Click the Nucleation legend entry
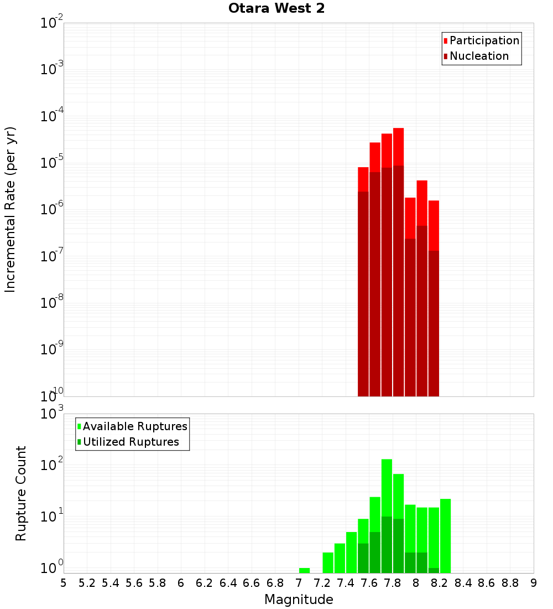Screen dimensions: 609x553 (478, 56)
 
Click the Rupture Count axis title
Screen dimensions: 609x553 (21, 493)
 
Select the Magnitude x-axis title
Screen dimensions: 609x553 (299, 600)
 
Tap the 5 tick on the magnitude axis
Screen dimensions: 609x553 (64, 583)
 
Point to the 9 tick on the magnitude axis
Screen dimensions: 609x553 (533, 583)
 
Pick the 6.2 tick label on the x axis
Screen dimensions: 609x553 (204, 583)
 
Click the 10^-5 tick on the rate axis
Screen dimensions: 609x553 (51, 163)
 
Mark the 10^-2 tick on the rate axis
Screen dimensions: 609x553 (51, 23)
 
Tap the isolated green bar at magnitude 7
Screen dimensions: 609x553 (304, 570)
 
